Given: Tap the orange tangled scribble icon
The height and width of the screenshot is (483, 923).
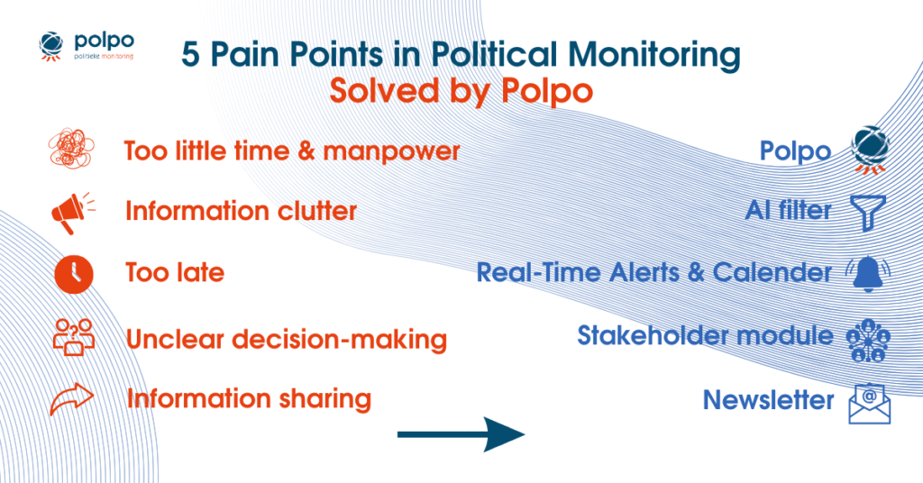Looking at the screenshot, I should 70,150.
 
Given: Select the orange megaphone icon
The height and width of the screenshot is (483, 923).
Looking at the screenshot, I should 70,212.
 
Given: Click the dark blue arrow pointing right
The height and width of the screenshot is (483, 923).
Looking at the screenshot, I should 461,434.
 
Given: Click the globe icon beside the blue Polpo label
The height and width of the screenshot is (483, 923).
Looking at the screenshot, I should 871,150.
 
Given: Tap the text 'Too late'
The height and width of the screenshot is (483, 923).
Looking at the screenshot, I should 175,272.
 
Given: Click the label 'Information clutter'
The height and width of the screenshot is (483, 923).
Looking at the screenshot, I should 241,211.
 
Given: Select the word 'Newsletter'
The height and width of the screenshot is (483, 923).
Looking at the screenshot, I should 768,400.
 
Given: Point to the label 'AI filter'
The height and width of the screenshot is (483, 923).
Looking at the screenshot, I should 788,211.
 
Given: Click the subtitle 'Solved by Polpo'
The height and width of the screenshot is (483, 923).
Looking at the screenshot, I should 461,90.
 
